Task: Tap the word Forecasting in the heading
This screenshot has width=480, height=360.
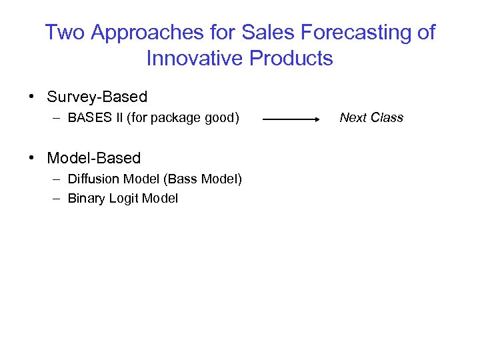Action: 345,32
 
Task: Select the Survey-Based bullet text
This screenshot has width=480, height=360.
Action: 97,97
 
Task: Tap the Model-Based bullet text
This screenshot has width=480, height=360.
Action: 93,158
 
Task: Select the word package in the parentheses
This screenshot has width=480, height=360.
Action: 174,118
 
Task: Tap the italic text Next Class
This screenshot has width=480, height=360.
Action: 371,118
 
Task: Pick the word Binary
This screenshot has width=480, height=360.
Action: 84,199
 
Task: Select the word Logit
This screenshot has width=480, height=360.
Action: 121,199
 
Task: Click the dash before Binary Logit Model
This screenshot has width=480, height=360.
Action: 53,199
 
